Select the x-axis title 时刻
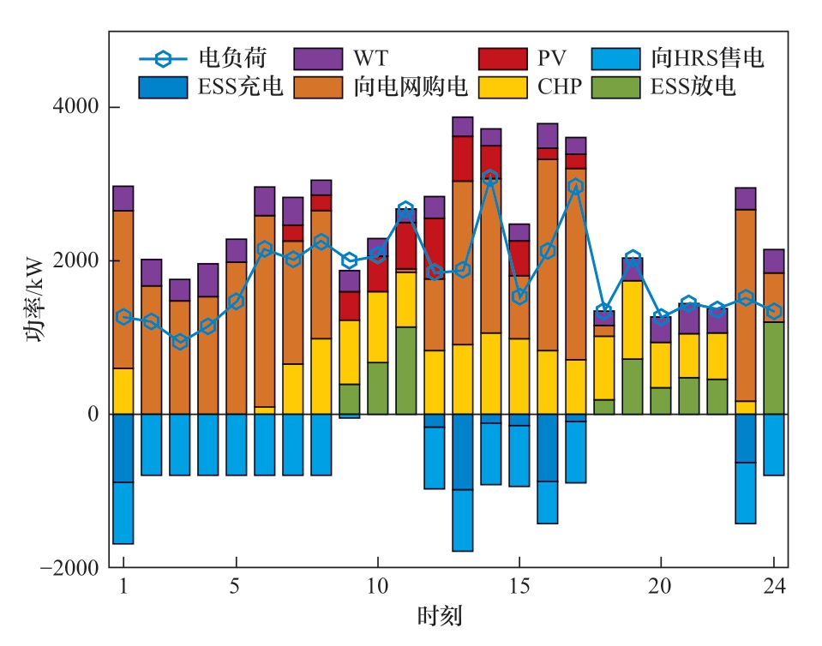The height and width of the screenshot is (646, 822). click(x=441, y=615)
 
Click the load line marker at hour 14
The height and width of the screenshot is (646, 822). click(x=490, y=177)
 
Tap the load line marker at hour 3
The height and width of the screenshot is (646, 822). click(x=179, y=341)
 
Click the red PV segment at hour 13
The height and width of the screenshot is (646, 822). click(x=463, y=158)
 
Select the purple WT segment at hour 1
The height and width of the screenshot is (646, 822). click(x=123, y=198)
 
